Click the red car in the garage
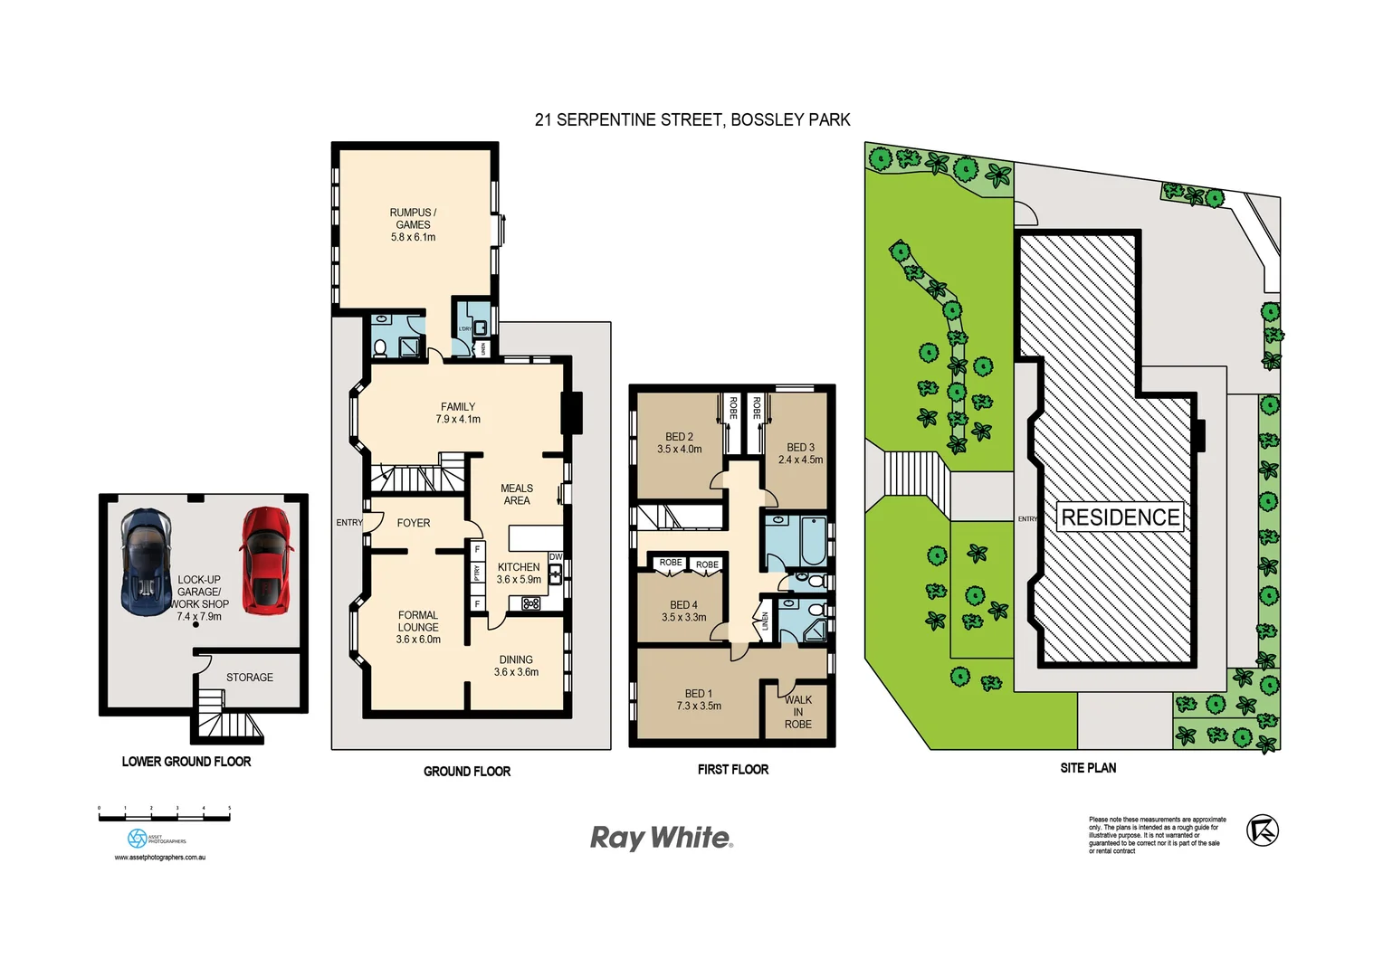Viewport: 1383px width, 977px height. coord(265,560)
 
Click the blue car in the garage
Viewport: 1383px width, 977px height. coord(146,562)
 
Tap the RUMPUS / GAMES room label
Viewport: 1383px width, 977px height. coord(413,224)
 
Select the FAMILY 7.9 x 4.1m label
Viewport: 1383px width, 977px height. coord(458,413)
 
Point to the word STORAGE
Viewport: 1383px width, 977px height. coord(250,678)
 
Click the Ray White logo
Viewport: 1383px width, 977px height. coord(661,838)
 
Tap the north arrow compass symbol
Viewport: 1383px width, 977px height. coord(1262,830)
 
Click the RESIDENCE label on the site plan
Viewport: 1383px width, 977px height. coord(1121,517)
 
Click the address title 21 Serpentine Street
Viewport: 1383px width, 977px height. coord(692,119)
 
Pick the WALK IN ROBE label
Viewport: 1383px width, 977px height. coord(797,712)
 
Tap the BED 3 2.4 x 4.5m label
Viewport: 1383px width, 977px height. coord(800,453)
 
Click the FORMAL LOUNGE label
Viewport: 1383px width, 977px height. coord(418,627)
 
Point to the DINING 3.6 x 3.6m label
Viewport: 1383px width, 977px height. coord(516,666)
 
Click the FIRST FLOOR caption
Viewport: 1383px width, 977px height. coord(732,770)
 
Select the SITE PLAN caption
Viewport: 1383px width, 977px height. coord(1088,768)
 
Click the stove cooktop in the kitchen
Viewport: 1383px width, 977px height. coord(531,603)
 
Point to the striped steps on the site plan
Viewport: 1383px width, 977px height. coord(916,473)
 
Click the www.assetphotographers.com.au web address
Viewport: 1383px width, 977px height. coord(160,858)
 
